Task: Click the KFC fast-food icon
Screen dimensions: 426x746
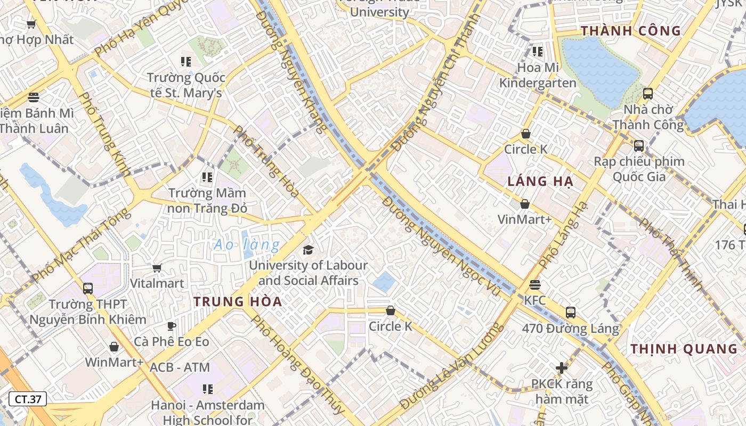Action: (x=535, y=285)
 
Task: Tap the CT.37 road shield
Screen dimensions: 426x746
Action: (x=28, y=399)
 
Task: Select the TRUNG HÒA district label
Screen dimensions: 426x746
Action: (x=238, y=301)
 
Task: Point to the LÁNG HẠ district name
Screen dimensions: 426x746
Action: (x=540, y=182)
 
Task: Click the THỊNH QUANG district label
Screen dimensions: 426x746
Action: (x=684, y=349)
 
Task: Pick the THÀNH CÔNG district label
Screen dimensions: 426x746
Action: (x=631, y=31)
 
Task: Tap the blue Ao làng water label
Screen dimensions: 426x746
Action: (x=247, y=245)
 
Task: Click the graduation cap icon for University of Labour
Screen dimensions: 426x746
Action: (x=308, y=250)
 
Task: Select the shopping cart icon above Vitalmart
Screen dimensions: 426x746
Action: (x=157, y=268)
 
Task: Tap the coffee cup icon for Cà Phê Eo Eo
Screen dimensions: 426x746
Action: (x=171, y=326)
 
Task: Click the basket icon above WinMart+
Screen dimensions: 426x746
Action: (x=114, y=347)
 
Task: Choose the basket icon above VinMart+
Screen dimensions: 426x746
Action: (x=525, y=204)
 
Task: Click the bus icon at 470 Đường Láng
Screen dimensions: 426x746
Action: (x=571, y=313)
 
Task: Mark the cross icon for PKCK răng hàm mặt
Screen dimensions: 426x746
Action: (x=561, y=368)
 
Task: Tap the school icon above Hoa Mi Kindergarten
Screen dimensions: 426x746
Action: (x=538, y=52)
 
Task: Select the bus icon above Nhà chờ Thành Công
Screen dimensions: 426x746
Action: (x=648, y=94)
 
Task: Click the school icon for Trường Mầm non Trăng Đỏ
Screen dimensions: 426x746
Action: (x=207, y=177)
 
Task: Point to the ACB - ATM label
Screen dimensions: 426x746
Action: (x=180, y=367)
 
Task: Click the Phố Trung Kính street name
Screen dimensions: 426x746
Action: (x=104, y=133)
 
